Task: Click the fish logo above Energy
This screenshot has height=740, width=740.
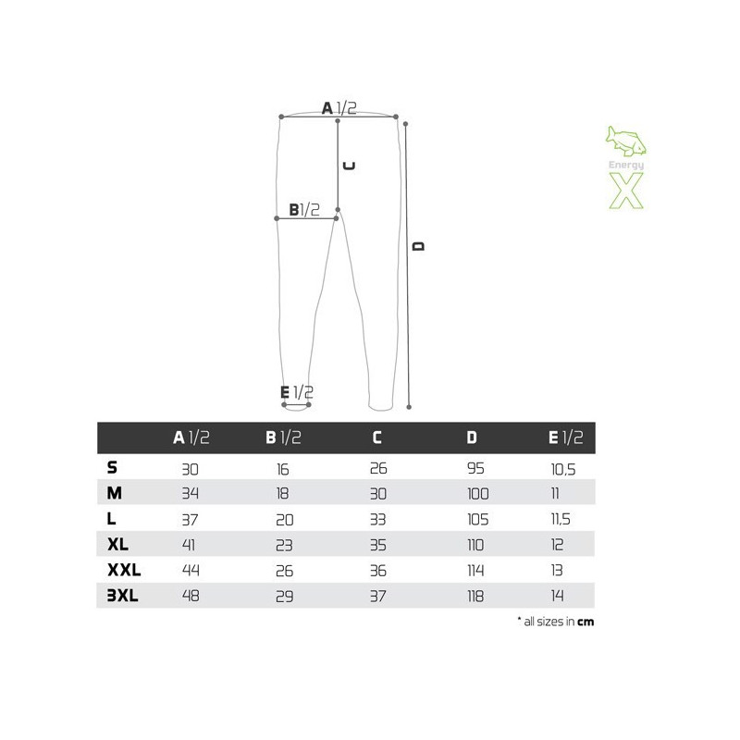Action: (626, 141)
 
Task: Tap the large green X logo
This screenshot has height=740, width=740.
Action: (626, 191)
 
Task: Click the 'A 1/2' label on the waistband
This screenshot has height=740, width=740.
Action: (339, 108)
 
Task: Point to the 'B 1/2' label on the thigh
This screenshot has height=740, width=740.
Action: (304, 209)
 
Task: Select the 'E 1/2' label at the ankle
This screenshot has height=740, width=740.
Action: (296, 392)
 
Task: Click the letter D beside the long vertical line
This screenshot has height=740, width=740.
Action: (419, 246)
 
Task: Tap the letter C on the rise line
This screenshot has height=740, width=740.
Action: (349, 166)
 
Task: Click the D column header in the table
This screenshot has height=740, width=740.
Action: (472, 438)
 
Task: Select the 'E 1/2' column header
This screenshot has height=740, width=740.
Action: (565, 438)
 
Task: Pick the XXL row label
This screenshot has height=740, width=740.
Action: (124, 570)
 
